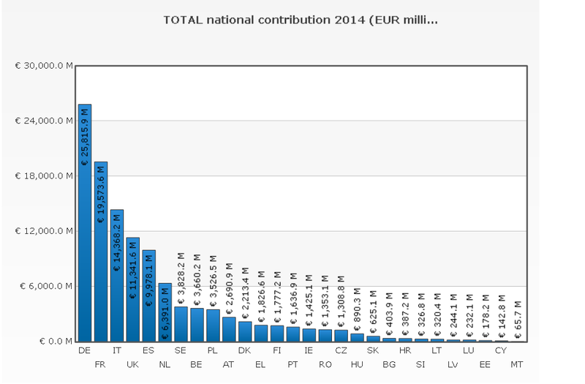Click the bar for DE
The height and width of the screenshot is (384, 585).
(85, 222)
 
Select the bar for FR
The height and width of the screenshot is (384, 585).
(101, 252)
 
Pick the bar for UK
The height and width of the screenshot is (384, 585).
(133, 290)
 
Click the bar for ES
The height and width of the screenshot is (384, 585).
(149, 295)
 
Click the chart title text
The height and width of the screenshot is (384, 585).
(301, 21)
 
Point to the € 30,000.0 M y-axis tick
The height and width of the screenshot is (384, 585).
(44, 66)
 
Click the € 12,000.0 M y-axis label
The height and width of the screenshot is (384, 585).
(44, 231)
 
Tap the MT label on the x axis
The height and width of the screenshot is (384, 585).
(517, 364)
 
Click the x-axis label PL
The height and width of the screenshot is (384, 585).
(212, 351)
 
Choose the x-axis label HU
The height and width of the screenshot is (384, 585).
(357, 364)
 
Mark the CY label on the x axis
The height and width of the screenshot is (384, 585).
(501, 351)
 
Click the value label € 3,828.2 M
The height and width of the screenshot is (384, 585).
(181, 278)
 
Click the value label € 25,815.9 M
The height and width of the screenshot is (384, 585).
(85, 137)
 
